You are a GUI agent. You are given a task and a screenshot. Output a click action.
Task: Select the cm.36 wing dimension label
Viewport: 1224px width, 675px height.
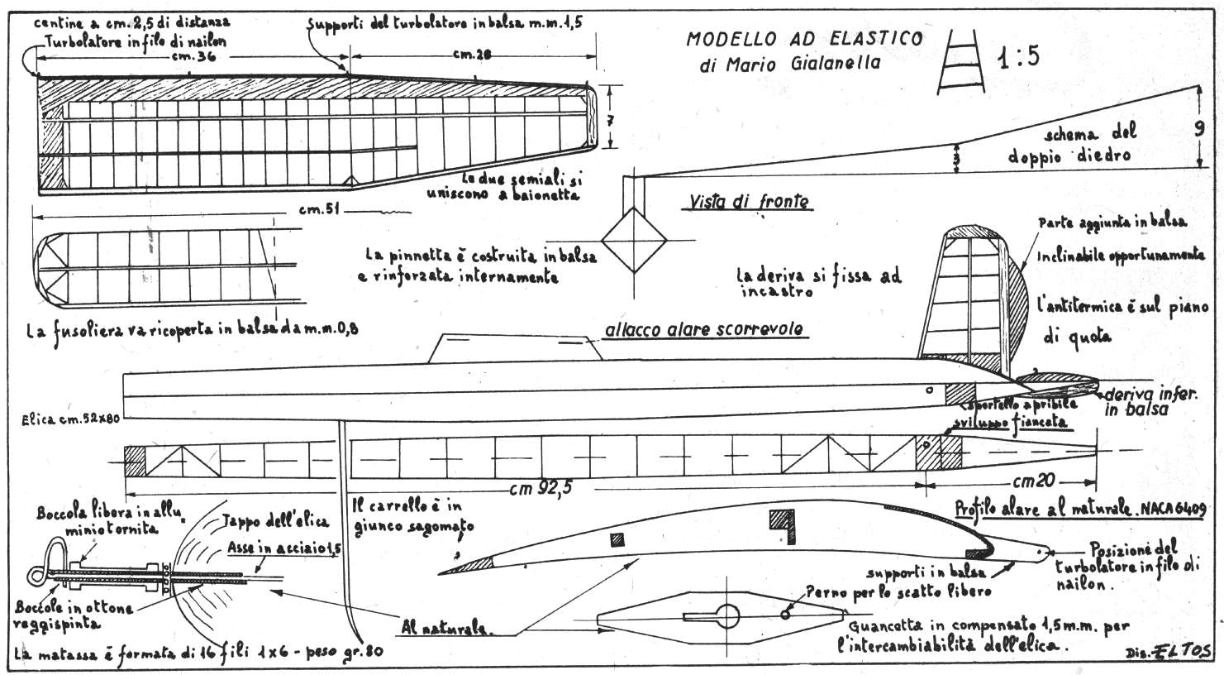click(189, 57)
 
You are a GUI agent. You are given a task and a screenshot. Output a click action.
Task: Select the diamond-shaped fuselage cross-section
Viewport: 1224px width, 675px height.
click(633, 240)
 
